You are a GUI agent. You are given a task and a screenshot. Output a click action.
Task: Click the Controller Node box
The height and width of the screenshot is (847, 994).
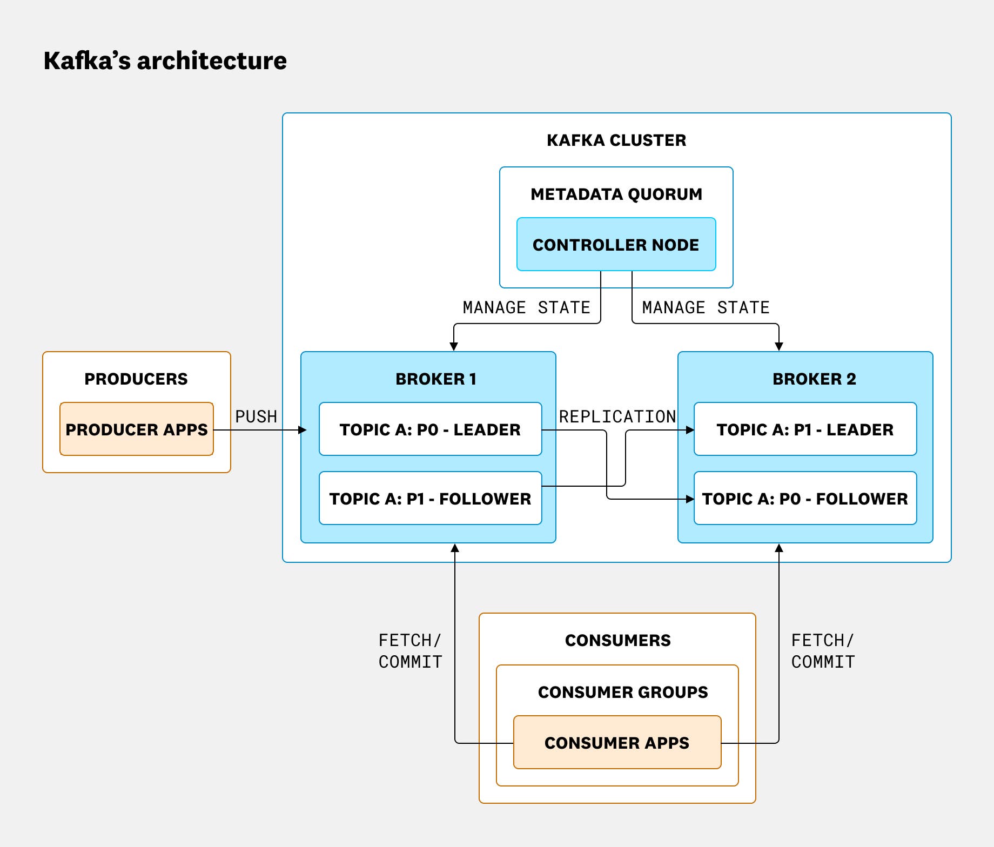616,245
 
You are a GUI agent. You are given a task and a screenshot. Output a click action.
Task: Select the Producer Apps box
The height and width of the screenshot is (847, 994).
136,429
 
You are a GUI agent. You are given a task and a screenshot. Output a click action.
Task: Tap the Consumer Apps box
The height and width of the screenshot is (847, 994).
617,743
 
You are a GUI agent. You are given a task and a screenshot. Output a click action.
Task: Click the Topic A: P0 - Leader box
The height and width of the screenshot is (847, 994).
430,429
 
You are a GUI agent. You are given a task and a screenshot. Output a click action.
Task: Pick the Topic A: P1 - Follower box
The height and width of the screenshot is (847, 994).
430,499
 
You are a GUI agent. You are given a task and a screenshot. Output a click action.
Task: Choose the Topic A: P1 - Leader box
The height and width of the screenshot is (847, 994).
805,429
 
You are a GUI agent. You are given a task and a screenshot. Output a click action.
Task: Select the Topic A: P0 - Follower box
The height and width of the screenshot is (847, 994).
805,499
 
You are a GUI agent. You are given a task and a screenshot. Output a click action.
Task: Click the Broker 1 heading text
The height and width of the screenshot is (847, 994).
436,379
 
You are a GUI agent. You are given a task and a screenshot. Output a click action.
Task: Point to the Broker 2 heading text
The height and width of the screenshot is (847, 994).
814,379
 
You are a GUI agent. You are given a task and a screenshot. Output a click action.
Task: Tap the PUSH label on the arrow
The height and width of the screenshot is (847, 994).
256,416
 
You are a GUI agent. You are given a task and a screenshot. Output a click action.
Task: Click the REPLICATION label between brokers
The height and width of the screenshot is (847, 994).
617,416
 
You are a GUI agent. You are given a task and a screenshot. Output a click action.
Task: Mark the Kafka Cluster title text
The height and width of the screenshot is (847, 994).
616,140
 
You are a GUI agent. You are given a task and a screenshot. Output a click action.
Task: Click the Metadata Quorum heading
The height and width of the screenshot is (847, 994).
616,194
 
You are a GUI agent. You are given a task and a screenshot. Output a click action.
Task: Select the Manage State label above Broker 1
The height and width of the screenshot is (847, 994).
526,307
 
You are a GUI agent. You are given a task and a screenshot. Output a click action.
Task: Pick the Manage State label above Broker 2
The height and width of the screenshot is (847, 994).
706,307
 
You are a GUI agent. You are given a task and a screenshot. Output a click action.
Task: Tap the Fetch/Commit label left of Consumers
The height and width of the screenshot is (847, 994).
410,651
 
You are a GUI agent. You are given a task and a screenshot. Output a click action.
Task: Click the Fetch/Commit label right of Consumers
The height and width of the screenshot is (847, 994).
823,651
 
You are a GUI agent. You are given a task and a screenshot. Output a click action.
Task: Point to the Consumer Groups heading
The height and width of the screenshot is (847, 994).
623,692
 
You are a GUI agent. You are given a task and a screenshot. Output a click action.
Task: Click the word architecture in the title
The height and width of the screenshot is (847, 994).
212,60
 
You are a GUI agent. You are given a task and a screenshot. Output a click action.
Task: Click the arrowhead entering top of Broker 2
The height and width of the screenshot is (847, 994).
779,346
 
